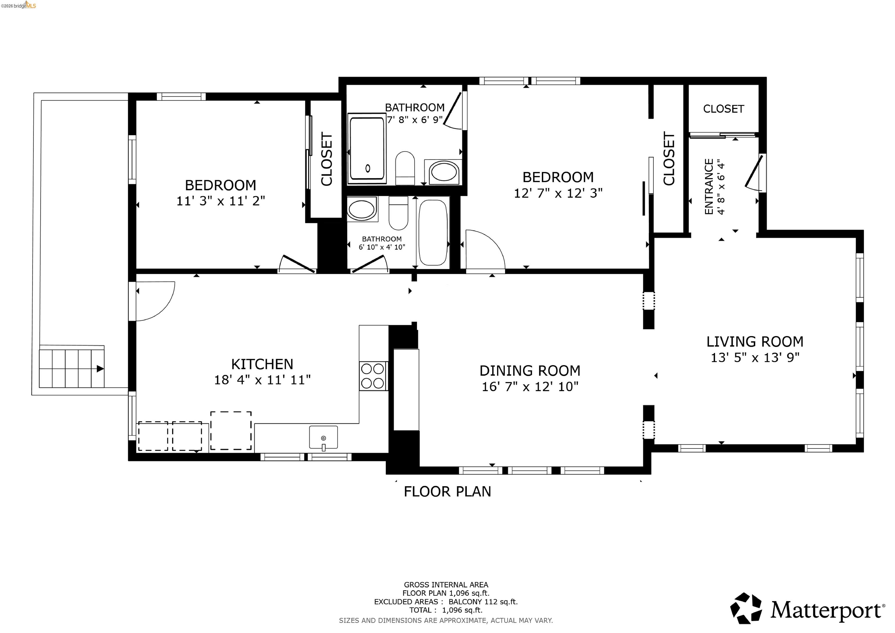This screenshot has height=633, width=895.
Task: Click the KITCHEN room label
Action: point(262,364)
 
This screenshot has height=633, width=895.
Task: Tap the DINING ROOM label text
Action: point(530,370)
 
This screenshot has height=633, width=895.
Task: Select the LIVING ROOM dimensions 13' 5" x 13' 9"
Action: point(755,358)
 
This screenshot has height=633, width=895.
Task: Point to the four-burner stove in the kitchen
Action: point(373,376)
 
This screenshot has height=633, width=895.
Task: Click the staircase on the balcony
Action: point(72,369)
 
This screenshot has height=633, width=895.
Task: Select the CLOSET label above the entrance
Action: point(723,109)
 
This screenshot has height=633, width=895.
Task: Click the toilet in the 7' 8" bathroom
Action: point(405,168)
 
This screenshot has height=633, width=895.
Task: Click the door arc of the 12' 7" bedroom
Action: point(485,249)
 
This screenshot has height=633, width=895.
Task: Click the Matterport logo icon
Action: point(746,609)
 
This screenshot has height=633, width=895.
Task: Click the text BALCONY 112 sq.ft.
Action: point(483,602)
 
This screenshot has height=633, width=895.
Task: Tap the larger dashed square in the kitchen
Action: point(231,430)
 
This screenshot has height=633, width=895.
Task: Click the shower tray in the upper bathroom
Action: point(367,149)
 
